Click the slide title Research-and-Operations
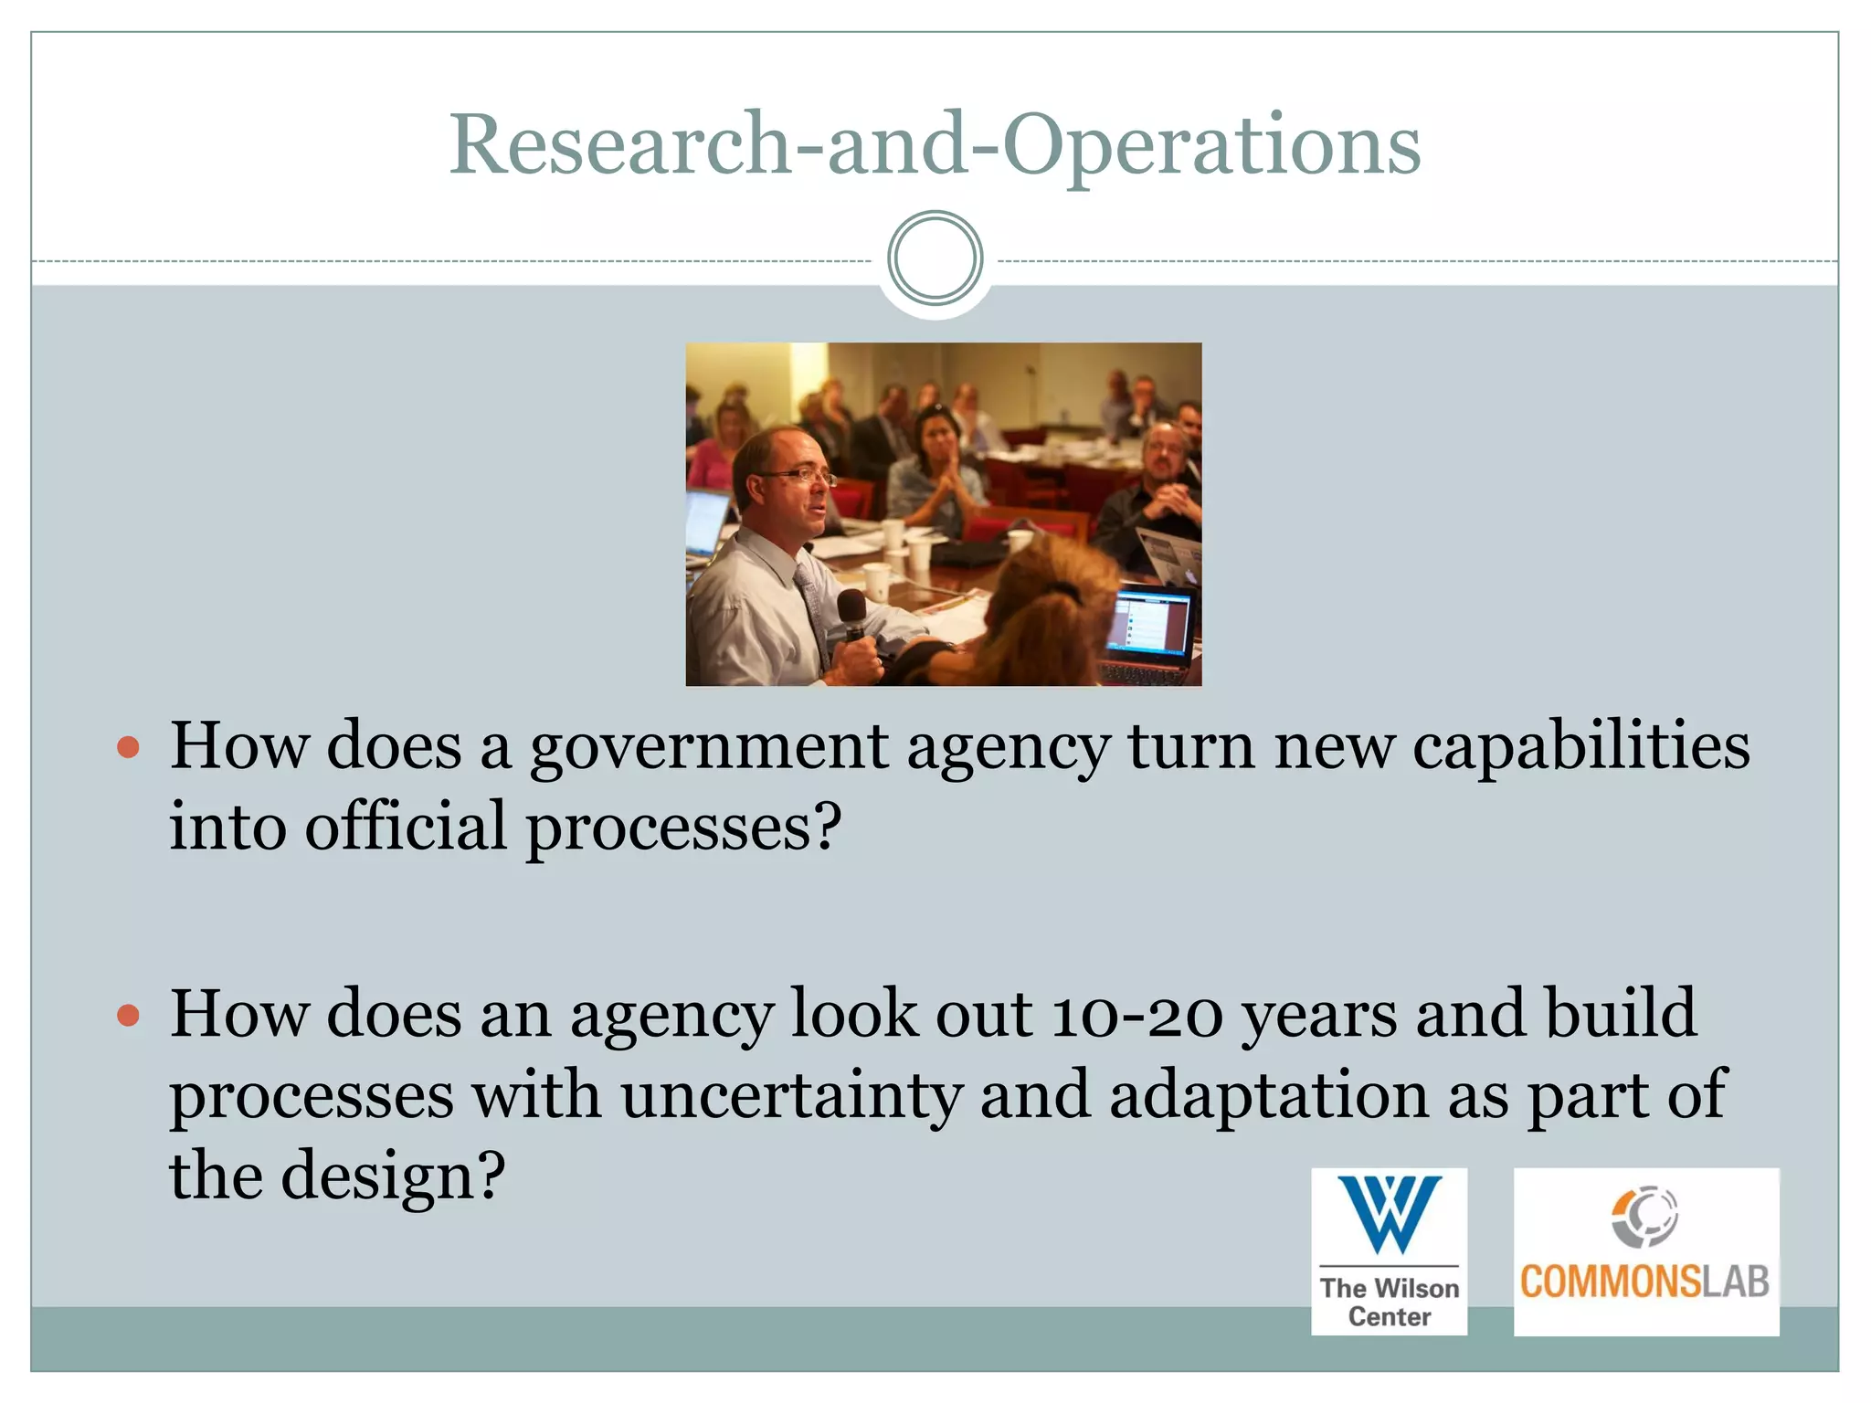(x=935, y=144)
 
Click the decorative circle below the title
(x=935, y=258)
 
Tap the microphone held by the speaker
(x=852, y=614)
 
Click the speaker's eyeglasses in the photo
(x=797, y=475)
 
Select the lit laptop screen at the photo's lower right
(x=1148, y=624)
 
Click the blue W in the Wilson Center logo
(x=1389, y=1214)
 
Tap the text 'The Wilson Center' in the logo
(x=1389, y=1302)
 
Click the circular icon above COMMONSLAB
(x=1644, y=1216)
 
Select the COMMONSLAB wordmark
(x=1644, y=1282)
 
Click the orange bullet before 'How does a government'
(x=129, y=748)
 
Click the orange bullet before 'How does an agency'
(x=129, y=1016)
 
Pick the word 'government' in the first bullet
(x=709, y=748)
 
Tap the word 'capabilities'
(x=1580, y=748)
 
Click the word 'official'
(x=406, y=827)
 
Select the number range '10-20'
(x=1136, y=1016)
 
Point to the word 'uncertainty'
(x=791, y=1096)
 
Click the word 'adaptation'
(x=1269, y=1096)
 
